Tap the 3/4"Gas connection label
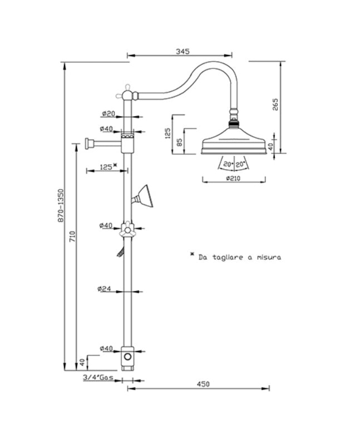[97, 378]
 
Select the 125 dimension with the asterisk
[107, 166]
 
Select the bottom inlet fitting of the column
[128, 359]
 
